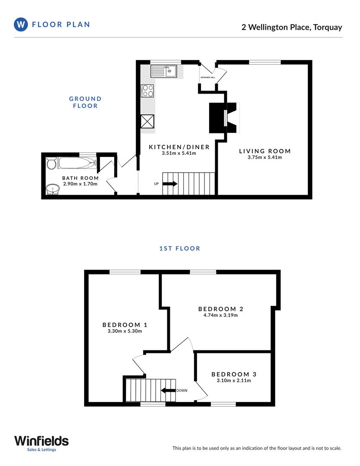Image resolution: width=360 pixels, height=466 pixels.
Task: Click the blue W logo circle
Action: click(21, 25)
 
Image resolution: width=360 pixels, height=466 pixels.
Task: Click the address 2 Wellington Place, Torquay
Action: click(291, 27)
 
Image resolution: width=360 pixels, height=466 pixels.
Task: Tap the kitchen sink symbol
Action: click(164, 71)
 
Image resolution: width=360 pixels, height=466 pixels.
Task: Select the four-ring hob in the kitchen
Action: click(148, 91)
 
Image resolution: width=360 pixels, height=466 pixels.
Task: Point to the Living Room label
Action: click(265, 151)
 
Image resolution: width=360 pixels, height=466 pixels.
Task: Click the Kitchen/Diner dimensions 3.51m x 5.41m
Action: click(179, 153)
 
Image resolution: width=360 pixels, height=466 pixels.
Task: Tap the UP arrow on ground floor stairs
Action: click(169, 184)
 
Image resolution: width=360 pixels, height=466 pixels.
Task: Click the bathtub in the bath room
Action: click(77, 163)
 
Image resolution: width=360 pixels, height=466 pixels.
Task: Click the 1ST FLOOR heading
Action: click(180, 248)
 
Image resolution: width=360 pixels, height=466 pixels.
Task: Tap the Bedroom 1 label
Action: click(122, 325)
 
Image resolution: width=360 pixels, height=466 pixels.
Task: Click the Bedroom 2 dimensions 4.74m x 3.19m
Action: click(221, 315)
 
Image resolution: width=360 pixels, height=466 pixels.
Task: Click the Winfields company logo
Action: click(41, 441)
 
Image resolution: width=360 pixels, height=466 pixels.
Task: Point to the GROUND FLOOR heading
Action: click(85, 102)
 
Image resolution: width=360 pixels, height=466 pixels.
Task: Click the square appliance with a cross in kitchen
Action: click(148, 121)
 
